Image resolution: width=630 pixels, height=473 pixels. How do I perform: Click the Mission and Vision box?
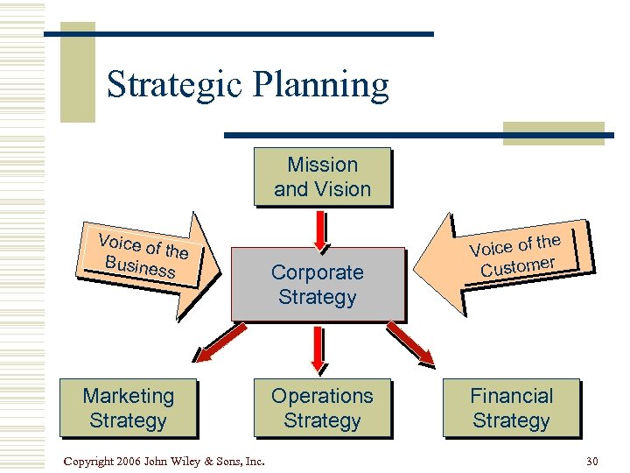(322, 177)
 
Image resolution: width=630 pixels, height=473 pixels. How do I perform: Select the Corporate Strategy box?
(318, 285)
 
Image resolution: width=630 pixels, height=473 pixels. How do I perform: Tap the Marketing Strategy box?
(128, 408)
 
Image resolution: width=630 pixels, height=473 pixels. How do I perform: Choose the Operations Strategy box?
(322, 408)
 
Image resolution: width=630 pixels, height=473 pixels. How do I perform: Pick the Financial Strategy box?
(511, 408)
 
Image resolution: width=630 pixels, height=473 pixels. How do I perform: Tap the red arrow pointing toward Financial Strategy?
(411, 342)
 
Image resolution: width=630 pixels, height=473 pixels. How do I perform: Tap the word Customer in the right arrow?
(518, 265)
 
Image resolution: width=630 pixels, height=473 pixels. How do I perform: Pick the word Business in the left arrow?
(139, 265)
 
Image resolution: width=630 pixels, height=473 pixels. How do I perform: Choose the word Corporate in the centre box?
(317, 272)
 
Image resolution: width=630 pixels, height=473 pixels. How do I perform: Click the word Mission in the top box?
(323, 165)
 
